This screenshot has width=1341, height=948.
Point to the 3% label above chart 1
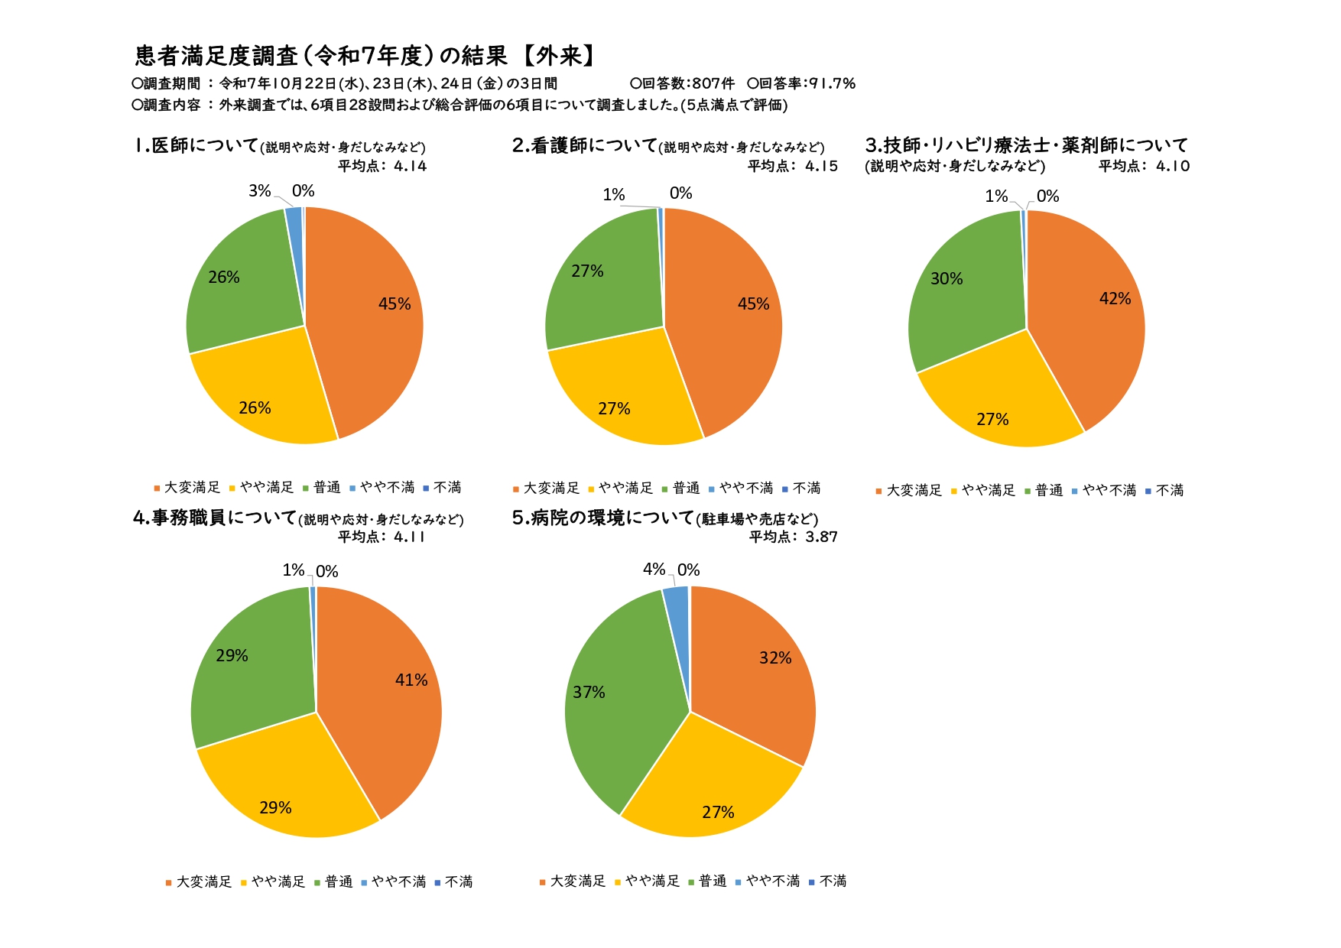[260, 191]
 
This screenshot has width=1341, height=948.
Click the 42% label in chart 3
[1115, 299]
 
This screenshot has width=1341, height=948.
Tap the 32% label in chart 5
[775, 658]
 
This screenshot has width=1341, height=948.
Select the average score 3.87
[821, 537]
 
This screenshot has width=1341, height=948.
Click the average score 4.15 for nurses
[821, 166]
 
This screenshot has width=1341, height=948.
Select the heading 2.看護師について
[585, 145]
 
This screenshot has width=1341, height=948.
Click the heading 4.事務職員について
[215, 518]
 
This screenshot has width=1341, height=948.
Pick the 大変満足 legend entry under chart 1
[191, 487]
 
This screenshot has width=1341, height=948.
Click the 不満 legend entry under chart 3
[1169, 490]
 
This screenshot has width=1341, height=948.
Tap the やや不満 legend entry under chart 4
[398, 881]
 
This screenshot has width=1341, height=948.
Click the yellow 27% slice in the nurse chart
[619, 398]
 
